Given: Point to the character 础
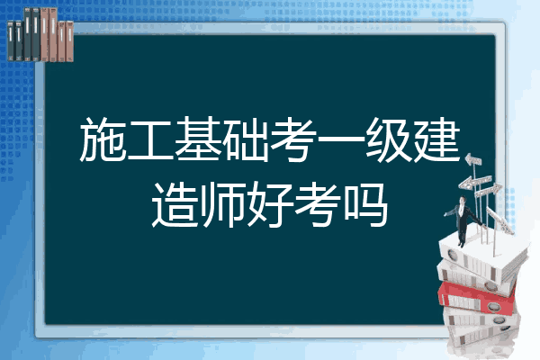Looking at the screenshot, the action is coord(246,139).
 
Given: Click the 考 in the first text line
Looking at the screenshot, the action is coord(293,139).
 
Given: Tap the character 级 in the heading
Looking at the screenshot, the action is coord(389,139).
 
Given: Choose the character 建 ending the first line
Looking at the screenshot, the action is coord(436,139).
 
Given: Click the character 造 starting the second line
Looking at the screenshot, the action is coord(175,204).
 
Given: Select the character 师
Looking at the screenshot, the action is coord(222,204).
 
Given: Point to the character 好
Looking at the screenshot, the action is coord(270,204).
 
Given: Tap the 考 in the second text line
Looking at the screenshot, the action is coord(318,204).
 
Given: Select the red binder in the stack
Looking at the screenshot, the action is coord(476,298).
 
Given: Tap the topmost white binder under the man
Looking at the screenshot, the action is coord(482,256).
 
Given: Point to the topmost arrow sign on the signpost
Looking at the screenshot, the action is coord(473,160).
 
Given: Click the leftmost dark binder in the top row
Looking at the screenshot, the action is coord(11,41).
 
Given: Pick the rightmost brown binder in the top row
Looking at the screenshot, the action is coord(69,41).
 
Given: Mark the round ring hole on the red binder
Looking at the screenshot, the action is coord(493,306).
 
